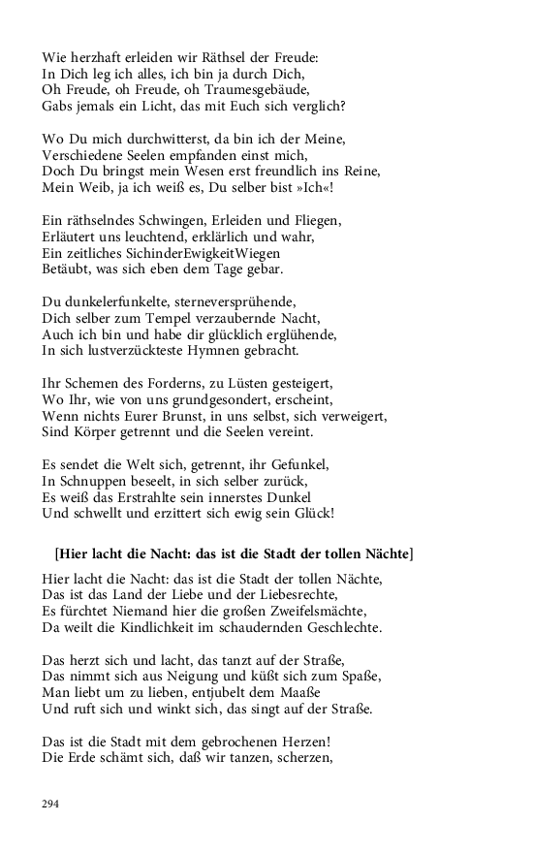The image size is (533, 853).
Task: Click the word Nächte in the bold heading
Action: point(384,554)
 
